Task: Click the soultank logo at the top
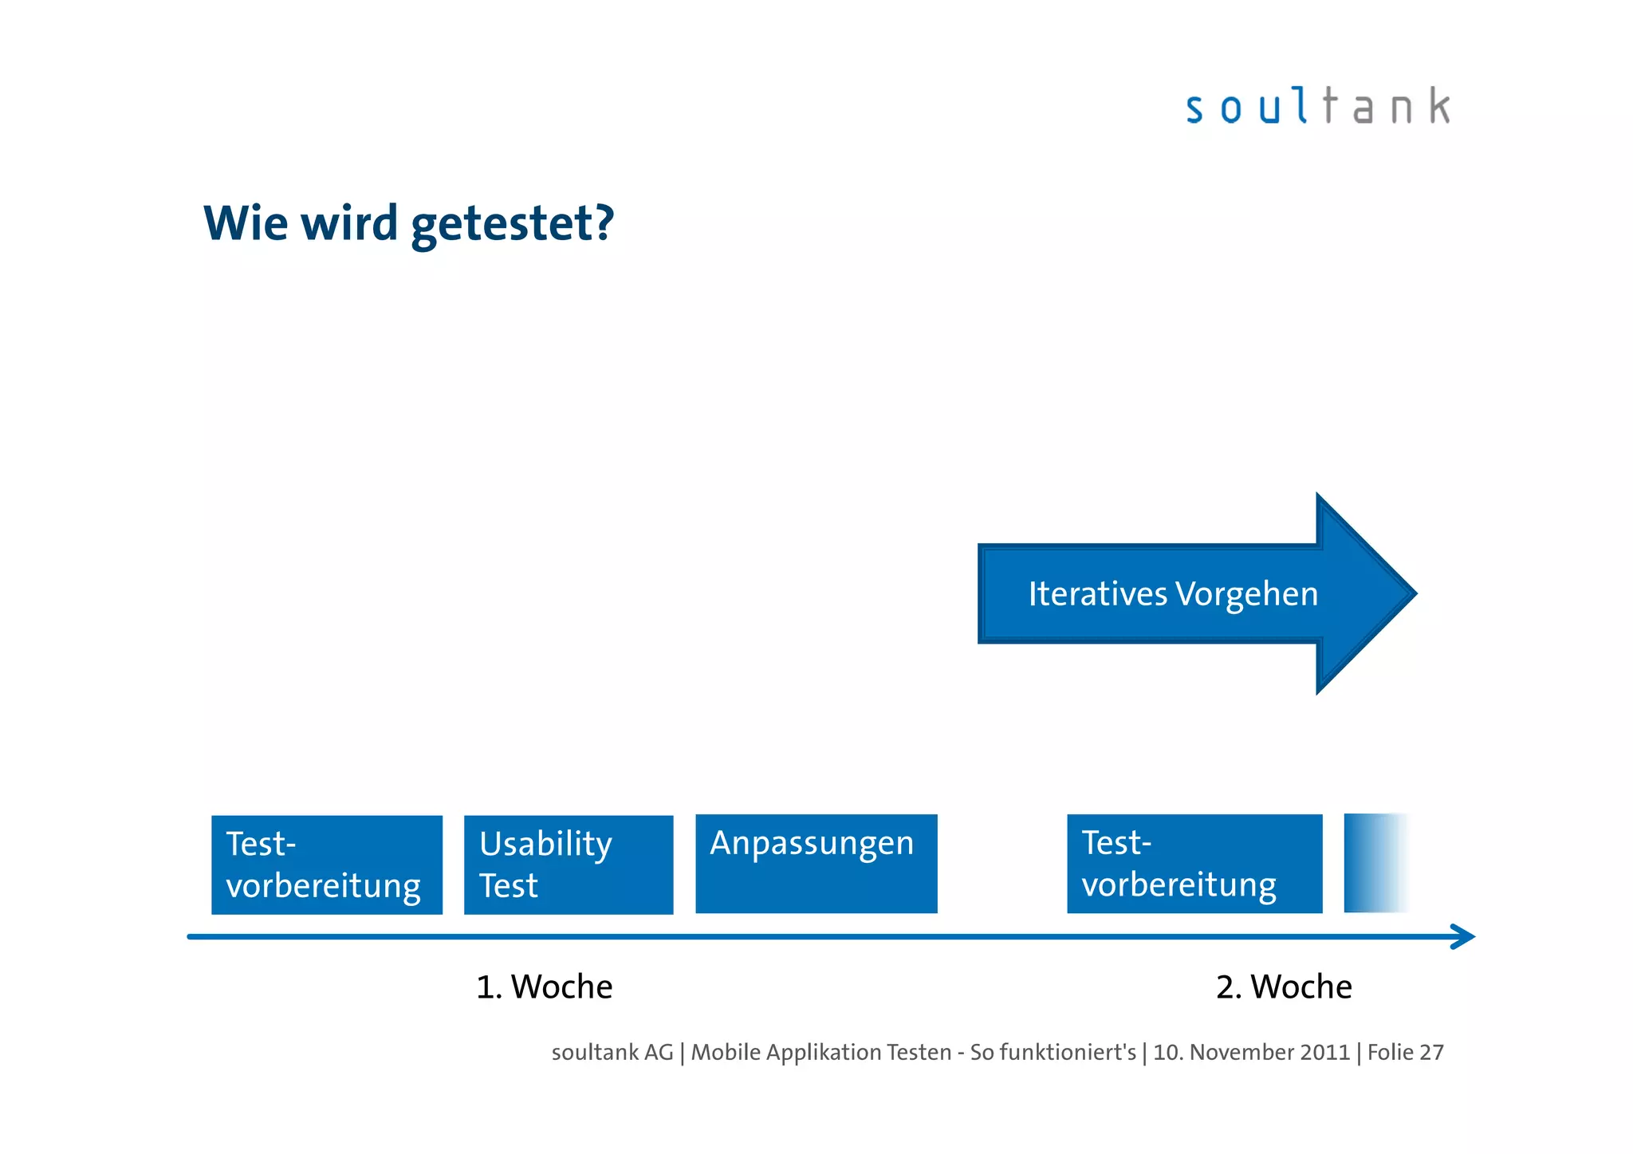(x=1317, y=107)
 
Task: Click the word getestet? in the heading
(x=513, y=223)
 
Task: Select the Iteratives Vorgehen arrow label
(x=1172, y=594)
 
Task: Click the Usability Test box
(x=568, y=865)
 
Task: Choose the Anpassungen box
(x=816, y=863)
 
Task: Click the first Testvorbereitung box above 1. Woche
(x=326, y=865)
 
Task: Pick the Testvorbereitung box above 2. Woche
(x=1194, y=863)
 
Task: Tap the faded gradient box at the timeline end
(x=1375, y=863)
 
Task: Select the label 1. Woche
(x=545, y=987)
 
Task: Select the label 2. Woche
(x=1284, y=987)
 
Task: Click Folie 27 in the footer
(x=1405, y=1053)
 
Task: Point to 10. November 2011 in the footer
(x=1251, y=1053)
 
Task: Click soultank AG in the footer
(x=612, y=1053)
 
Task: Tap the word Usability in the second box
(x=545, y=844)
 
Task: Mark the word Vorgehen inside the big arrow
(x=1246, y=594)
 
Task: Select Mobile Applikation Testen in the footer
(x=820, y=1053)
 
